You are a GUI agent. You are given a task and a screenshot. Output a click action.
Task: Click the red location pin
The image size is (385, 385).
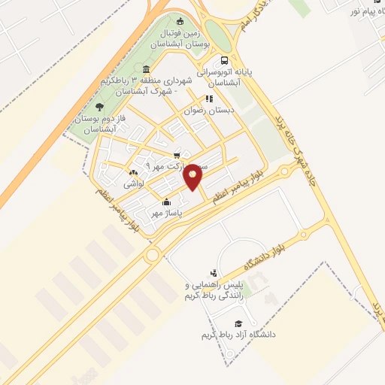tap(194, 176)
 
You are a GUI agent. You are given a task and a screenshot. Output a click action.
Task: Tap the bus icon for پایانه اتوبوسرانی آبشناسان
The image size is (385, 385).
tap(223, 61)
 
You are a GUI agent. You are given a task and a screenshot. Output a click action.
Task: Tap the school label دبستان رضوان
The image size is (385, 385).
tap(211, 109)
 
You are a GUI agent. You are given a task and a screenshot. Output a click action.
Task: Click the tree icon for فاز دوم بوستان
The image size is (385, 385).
tap(100, 106)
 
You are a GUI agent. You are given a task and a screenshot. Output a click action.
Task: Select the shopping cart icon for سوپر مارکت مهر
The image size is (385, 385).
tap(177, 156)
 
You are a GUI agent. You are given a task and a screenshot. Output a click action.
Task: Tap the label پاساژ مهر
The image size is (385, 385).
tap(169, 214)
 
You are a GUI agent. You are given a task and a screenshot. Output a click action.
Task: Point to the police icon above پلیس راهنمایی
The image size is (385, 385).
tap(214, 274)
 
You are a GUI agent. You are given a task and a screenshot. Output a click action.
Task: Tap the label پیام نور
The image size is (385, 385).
tap(365, 11)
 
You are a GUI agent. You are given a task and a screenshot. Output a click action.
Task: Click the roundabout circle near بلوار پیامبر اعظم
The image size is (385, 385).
tap(152, 254)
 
